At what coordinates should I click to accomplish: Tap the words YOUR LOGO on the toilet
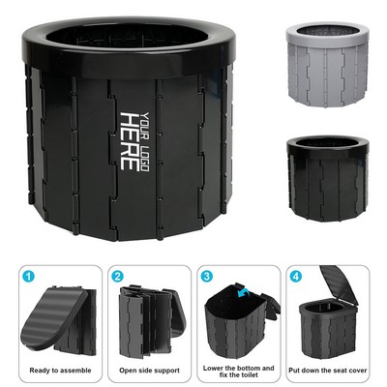(145, 142)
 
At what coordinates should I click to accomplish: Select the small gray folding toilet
(327, 65)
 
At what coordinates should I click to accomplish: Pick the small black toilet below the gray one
(327, 179)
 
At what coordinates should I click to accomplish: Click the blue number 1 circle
(28, 277)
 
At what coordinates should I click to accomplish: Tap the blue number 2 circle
(117, 277)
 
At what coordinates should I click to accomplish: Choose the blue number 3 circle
(206, 277)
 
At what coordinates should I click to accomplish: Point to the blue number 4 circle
(295, 277)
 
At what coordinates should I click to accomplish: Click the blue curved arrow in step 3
(243, 293)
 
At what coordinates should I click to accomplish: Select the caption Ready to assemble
(60, 371)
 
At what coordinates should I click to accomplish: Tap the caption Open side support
(149, 371)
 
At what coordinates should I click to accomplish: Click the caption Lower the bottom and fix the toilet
(239, 372)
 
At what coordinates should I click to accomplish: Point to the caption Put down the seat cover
(328, 371)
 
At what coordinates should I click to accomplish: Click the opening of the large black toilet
(127, 37)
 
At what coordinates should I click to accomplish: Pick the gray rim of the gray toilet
(327, 34)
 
